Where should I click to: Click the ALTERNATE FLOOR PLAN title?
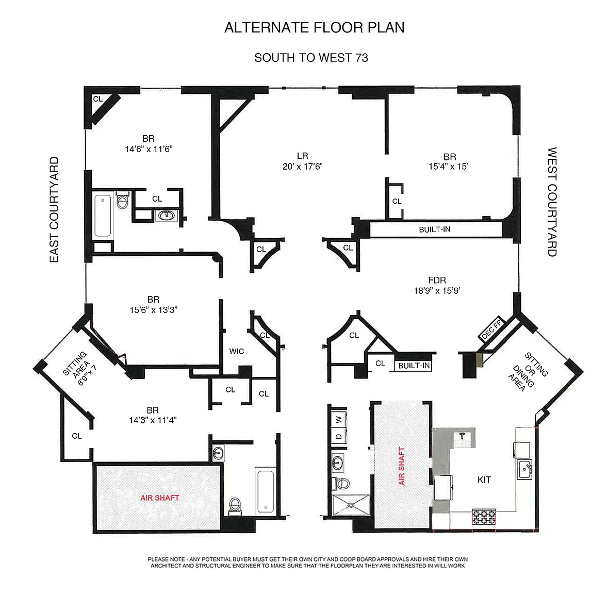(x=315, y=27)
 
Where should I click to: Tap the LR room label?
(x=302, y=156)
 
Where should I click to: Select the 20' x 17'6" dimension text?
(x=302, y=167)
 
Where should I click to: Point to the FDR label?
(x=437, y=280)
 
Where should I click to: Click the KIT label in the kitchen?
(x=484, y=480)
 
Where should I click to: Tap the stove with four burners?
(x=484, y=517)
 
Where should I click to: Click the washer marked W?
(x=338, y=419)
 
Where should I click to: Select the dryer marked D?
(x=338, y=436)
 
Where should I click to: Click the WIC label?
(x=237, y=351)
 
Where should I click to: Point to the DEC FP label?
(x=491, y=329)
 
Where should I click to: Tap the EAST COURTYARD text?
(x=54, y=209)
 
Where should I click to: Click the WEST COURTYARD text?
(x=552, y=202)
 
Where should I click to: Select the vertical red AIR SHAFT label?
(x=402, y=466)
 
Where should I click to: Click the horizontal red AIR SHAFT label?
(x=160, y=498)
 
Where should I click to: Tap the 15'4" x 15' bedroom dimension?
(x=449, y=167)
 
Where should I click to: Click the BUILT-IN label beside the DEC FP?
(x=414, y=366)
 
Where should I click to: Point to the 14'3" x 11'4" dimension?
(x=153, y=420)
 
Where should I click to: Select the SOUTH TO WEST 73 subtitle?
(x=311, y=58)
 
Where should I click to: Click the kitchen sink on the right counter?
(x=524, y=469)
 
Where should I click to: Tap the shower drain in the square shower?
(x=351, y=505)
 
